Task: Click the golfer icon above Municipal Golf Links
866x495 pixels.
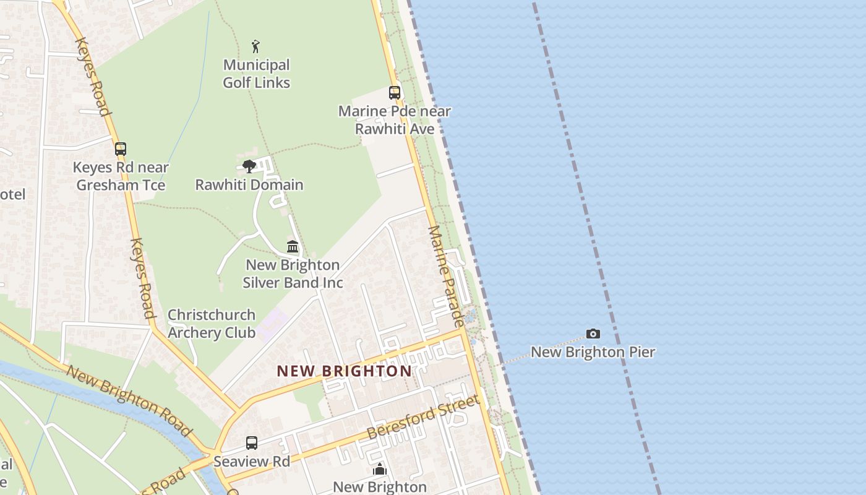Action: (255, 46)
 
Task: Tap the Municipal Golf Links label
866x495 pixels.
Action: (256, 74)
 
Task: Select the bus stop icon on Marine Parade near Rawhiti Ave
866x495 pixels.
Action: (395, 93)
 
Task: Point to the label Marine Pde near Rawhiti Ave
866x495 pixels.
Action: (395, 120)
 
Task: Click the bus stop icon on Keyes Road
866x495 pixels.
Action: (121, 149)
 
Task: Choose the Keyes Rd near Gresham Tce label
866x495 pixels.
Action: (121, 176)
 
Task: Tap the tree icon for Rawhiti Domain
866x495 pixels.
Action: (249, 166)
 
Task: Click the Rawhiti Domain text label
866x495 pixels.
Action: (249, 185)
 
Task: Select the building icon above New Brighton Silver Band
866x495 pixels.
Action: (293, 246)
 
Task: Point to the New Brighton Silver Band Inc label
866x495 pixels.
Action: (293, 273)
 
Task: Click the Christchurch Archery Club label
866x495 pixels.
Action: (212, 324)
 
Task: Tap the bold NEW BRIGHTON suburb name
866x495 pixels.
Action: (344, 371)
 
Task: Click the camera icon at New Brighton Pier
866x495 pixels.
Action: (593, 334)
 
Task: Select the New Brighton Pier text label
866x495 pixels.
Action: (593, 352)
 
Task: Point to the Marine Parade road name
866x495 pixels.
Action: (446, 276)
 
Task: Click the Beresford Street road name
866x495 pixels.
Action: (423, 418)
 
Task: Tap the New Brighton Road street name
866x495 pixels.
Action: (129, 400)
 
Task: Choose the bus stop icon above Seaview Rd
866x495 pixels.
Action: (252, 443)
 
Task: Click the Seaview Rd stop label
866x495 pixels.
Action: (252, 462)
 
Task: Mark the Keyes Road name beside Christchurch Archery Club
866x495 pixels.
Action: (142, 278)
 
